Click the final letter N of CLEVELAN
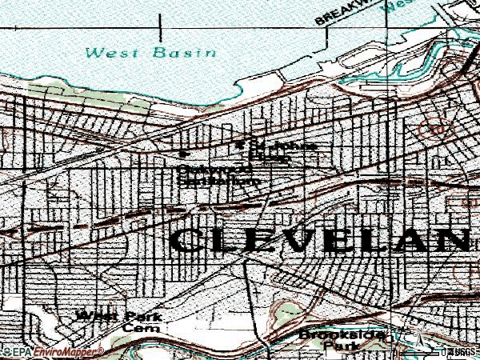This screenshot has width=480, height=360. tap(458, 240)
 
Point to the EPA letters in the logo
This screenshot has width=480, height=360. tap(21, 352)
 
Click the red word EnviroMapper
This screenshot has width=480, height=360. tap(67, 352)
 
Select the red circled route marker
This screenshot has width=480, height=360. tap(436, 127)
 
